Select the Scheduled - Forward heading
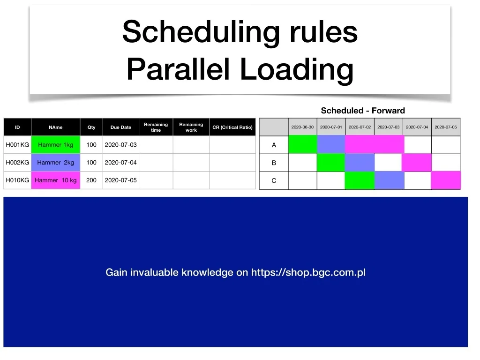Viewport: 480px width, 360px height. tap(363, 111)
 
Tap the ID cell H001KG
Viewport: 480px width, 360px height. tap(17, 144)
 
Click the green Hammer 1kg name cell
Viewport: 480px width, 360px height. tap(55, 144)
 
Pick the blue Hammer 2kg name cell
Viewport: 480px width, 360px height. tap(55, 162)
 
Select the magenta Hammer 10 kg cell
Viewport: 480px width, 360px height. tap(55, 180)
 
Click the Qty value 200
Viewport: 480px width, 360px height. tap(91, 180)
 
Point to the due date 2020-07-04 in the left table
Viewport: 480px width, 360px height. tap(120, 163)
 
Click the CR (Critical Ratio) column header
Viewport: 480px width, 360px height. tap(232, 127)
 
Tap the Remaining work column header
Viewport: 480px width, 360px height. tap(191, 127)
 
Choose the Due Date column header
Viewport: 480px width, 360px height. tap(120, 127)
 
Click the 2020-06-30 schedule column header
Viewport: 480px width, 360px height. tap(302, 127)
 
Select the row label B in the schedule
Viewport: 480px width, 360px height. tap(274, 163)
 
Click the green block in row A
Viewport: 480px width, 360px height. tap(303, 144)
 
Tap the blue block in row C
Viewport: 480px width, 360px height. tap(389, 180)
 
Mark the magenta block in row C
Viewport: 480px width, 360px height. tap(446, 180)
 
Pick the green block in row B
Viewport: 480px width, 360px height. tap(331, 163)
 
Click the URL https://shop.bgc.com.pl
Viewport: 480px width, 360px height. tap(308, 272)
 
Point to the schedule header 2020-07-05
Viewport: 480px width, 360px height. tap(446, 127)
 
